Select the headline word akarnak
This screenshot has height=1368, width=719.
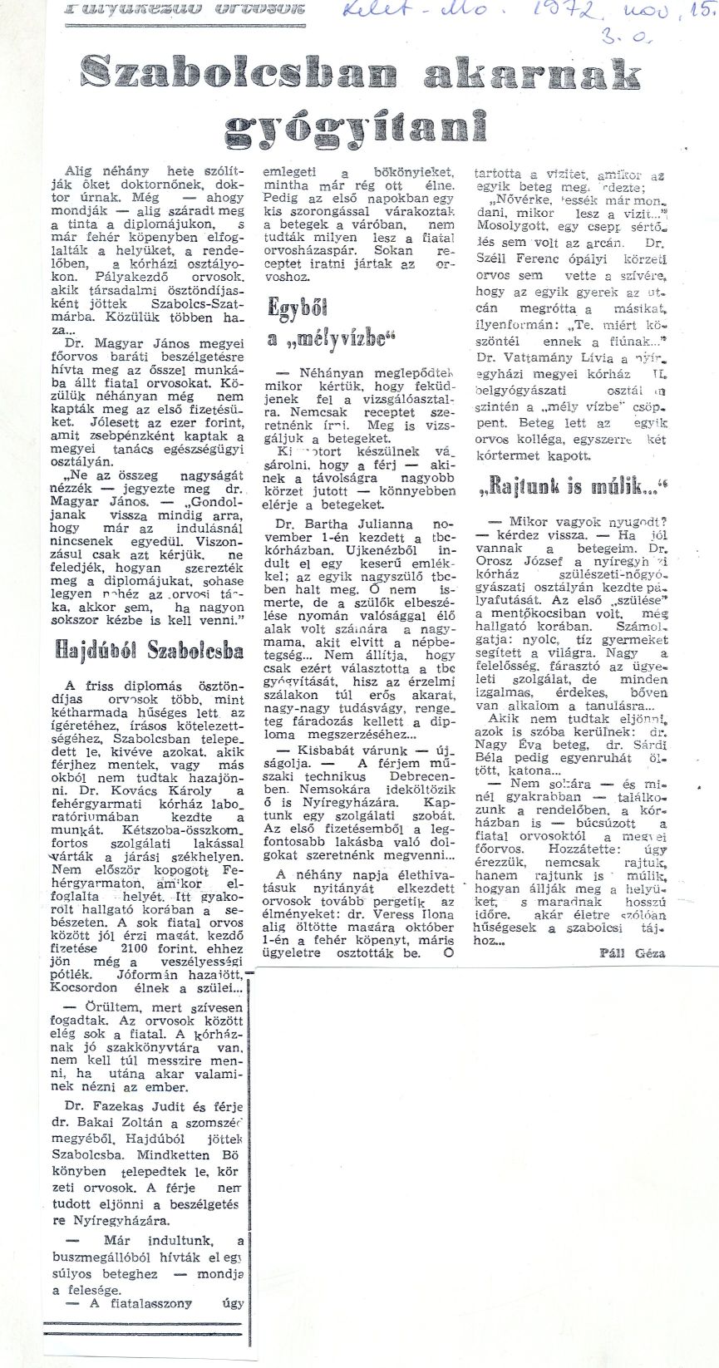tap(532, 76)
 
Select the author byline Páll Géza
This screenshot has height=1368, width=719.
tap(633, 953)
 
